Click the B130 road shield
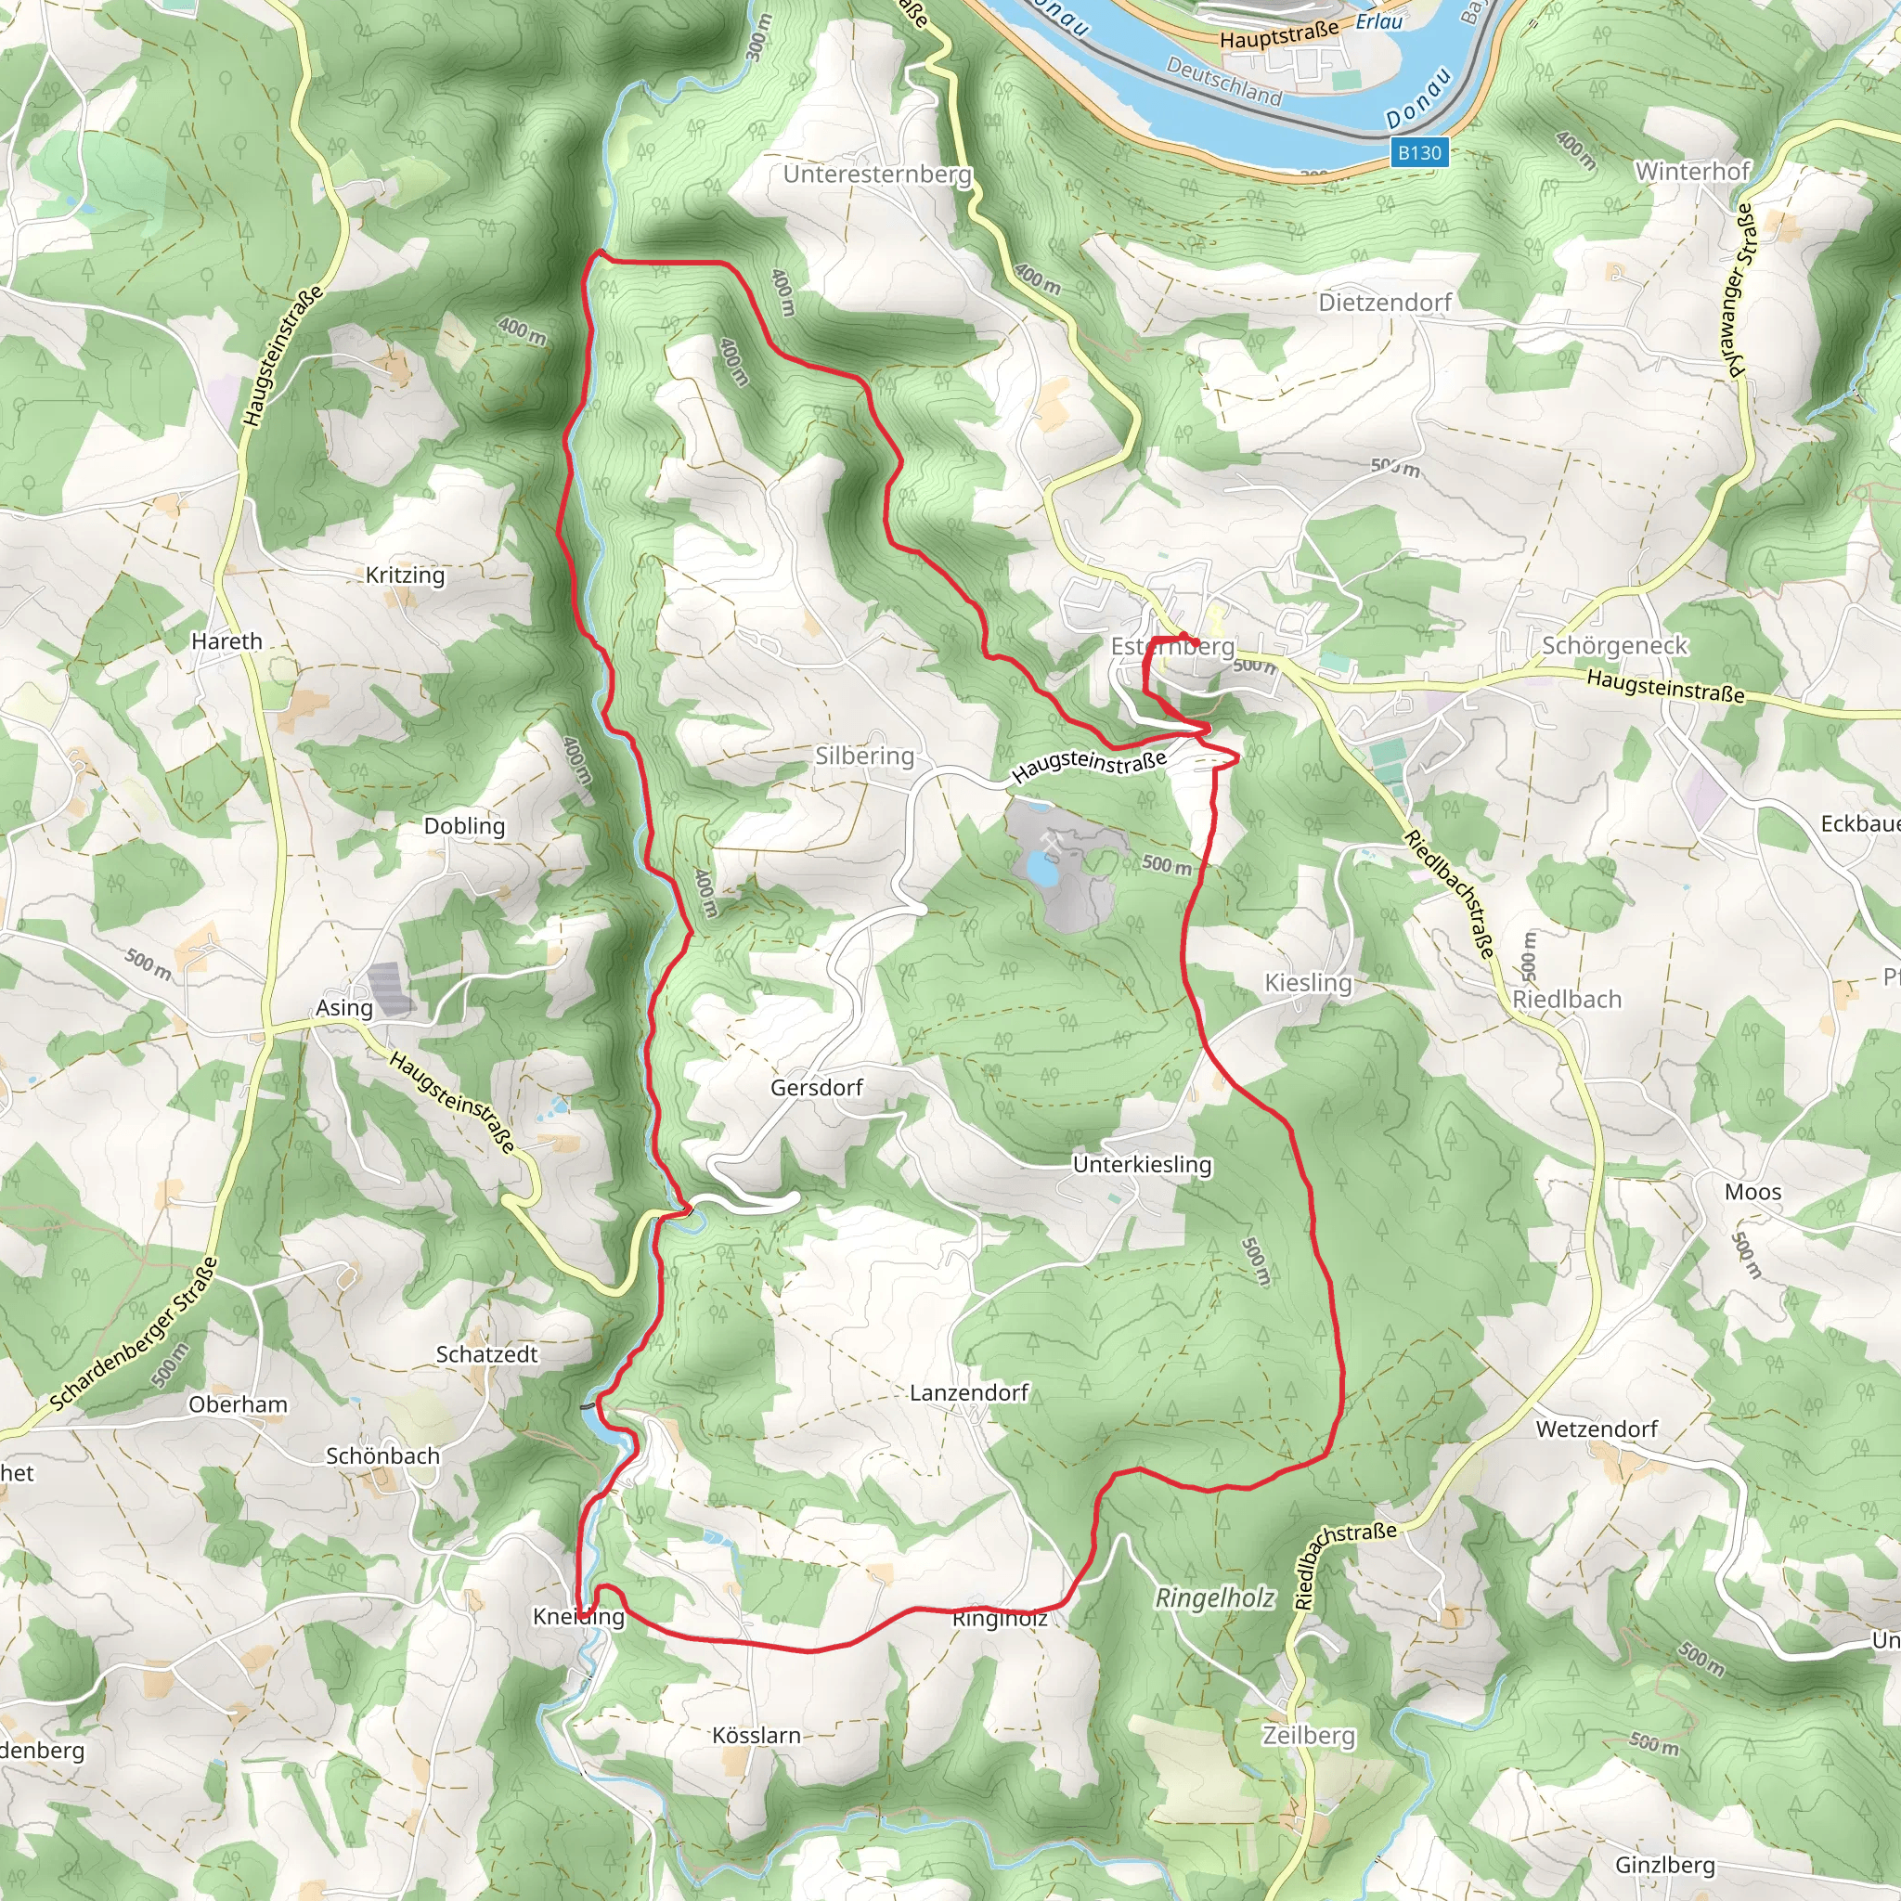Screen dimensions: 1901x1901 (1419, 152)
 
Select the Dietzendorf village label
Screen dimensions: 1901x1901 (1384, 302)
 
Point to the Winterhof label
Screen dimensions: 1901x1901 (1692, 171)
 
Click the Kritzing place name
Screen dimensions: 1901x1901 (405, 575)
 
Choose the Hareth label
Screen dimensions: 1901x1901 (226, 640)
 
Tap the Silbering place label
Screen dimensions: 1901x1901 (864, 756)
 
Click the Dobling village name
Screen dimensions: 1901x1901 (464, 825)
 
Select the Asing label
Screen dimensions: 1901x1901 (343, 1007)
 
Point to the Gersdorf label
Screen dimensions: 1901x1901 (816, 1087)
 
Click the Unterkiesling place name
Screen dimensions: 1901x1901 (1142, 1164)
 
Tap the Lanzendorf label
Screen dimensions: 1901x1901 (968, 1392)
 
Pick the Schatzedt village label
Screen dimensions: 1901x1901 (486, 1354)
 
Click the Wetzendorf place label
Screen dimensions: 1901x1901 (1596, 1428)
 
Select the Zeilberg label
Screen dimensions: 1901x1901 (1308, 1735)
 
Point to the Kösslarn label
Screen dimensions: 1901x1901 (756, 1735)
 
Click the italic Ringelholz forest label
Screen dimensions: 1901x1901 (1214, 1598)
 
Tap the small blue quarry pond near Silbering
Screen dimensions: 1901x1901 (1041, 868)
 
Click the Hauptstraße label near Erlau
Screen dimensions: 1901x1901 (1279, 35)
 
